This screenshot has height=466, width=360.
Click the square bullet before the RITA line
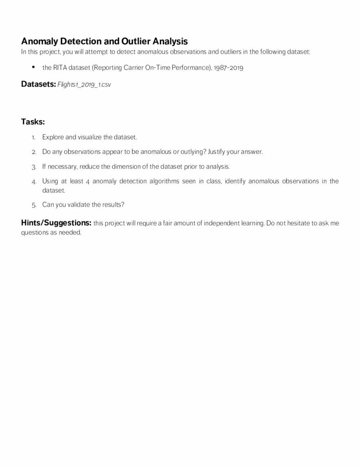tap(33, 67)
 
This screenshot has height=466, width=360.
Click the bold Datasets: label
tap(38, 84)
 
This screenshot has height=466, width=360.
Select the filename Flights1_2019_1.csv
tap(84, 85)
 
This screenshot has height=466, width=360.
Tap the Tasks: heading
tap(33, 122)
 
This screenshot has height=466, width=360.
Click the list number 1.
tap(33, 137)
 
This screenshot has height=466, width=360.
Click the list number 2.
tap(34, 152)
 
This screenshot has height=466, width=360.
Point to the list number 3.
tap(34, 167)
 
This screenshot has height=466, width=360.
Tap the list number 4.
tap(34, 182)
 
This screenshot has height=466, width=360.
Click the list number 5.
tap(34, 205)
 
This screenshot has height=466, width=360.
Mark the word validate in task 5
tap(79, 205)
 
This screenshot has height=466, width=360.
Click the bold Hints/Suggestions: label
tap(56, 223)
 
